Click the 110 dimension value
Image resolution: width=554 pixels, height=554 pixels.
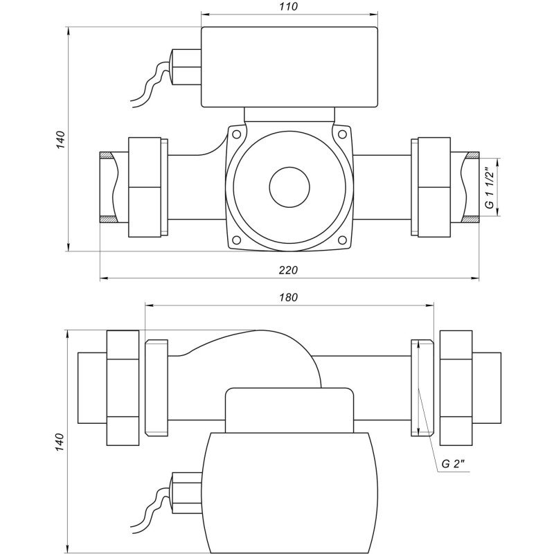[289, 7]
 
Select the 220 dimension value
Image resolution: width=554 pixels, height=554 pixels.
[289, 270]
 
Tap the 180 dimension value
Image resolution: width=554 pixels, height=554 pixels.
[289, 298]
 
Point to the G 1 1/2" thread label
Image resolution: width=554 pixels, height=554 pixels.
[489, 188]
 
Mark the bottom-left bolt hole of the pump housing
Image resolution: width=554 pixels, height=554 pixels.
[236, 240]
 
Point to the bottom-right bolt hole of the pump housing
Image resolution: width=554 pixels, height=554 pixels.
[341, 240]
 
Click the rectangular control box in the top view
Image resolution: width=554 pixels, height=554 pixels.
[289, 66]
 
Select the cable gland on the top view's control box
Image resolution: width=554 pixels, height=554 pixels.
[186, 66]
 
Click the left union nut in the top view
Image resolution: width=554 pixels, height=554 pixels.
[147, 187]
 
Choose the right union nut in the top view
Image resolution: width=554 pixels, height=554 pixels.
[431, 187]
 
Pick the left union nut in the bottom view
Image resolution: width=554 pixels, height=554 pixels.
[124, 388]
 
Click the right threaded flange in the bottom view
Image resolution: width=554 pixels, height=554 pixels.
[421, 388]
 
